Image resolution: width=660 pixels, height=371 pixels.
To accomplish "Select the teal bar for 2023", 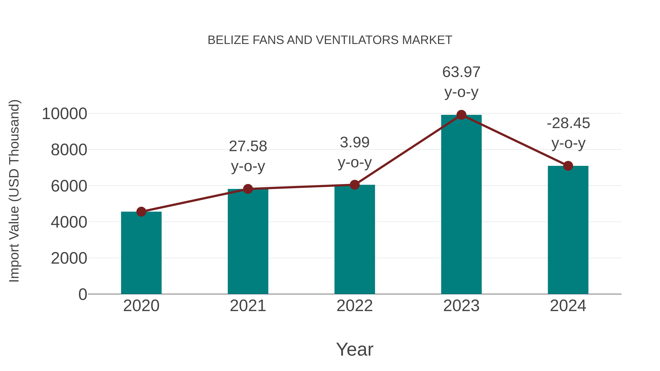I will point(461,205).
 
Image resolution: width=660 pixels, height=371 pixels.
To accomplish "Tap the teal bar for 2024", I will point(568,230).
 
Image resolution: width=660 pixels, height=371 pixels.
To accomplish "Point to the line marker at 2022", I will point(355,185).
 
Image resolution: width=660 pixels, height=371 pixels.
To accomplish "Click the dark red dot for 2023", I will point(461,115).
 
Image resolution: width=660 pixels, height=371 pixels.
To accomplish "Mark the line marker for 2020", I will point(141,212).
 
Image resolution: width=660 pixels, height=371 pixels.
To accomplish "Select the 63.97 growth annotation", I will point(461,72).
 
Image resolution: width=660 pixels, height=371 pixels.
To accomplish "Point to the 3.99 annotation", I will point(355,143).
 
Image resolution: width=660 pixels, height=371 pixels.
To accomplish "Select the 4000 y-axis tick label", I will point(69,222).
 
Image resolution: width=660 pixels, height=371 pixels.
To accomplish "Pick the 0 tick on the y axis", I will point(83,294).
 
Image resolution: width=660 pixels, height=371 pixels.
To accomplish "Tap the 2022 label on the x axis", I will point(355,306).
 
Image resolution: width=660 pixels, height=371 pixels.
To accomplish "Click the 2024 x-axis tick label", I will point(568,306).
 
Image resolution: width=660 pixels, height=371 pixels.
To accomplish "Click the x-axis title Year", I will point(355,349).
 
